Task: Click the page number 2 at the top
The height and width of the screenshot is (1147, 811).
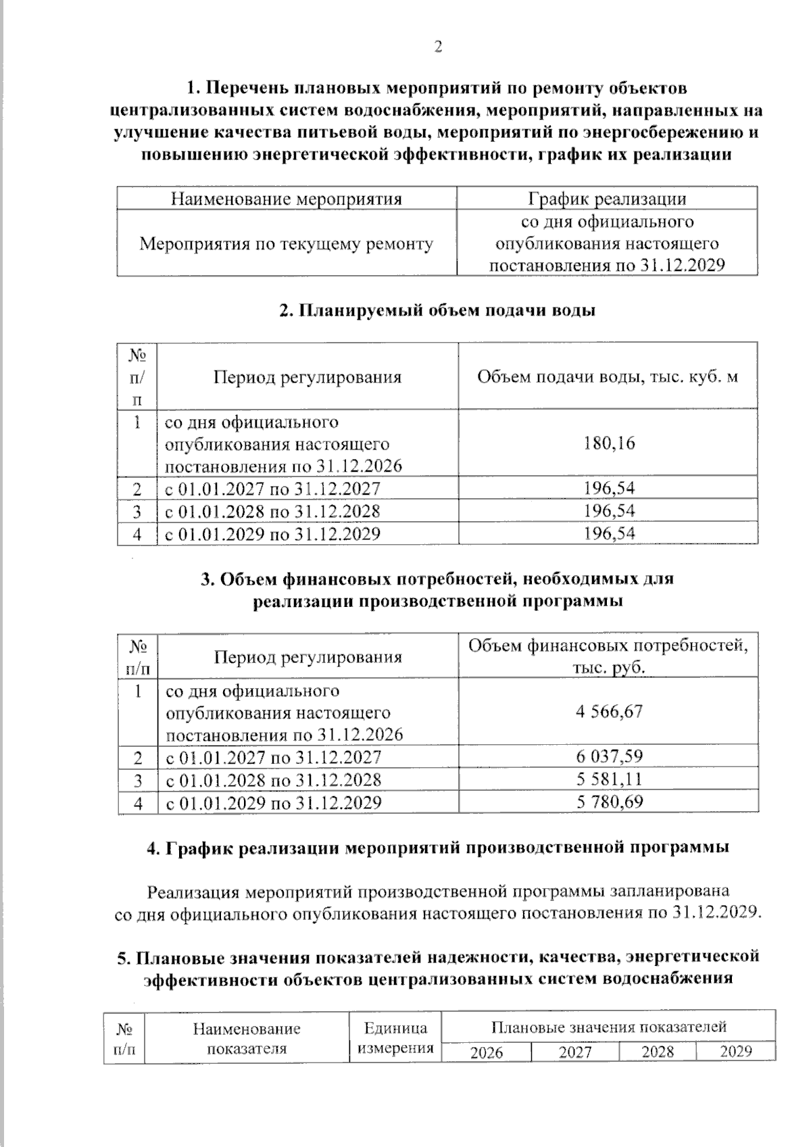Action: [x=438, y=47]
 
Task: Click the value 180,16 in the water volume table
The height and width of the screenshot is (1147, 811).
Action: [x=609, y=443]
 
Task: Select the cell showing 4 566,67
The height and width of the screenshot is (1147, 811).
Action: [x=609, y=712]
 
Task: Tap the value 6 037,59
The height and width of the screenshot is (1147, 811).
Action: [x=609, y=756]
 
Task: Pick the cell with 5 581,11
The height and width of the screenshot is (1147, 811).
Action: [x=609, y=779]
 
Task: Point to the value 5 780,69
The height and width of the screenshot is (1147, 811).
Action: [x=609, y=802]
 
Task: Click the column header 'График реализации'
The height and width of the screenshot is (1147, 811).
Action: [x=607, y=199]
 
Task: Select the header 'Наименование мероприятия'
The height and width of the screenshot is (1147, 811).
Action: [x=286, y=199]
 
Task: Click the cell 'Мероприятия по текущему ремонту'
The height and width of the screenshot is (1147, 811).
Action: [x=286, y=243]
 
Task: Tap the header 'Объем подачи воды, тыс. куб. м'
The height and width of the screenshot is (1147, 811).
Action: [x=607, y=376]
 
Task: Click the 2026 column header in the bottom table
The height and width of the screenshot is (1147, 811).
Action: [x=487, y=1052]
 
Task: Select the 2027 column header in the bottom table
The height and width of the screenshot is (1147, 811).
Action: [x=575, y=1052]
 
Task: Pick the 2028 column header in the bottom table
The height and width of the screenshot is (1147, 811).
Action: [x=658, y=1052]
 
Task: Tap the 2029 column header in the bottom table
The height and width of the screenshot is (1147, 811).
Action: [x=735, y=1052]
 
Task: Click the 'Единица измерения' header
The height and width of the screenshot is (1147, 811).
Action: [x=395, y=1038]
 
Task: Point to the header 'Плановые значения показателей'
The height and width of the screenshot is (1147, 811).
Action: [x=608, y=1027]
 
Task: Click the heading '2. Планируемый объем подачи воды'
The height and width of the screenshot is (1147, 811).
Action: [x=437, y=311]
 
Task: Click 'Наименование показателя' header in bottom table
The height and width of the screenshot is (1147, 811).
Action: [x=247, y=1039]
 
